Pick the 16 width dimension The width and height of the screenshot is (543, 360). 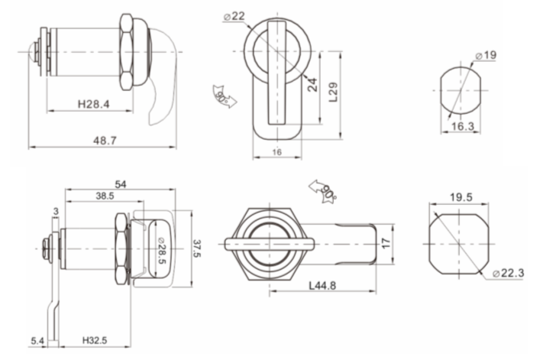276,153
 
